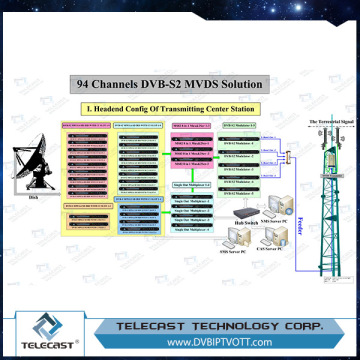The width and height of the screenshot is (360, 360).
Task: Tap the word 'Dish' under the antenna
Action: (33, 201)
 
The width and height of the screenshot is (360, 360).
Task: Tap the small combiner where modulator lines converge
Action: (286, 157)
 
